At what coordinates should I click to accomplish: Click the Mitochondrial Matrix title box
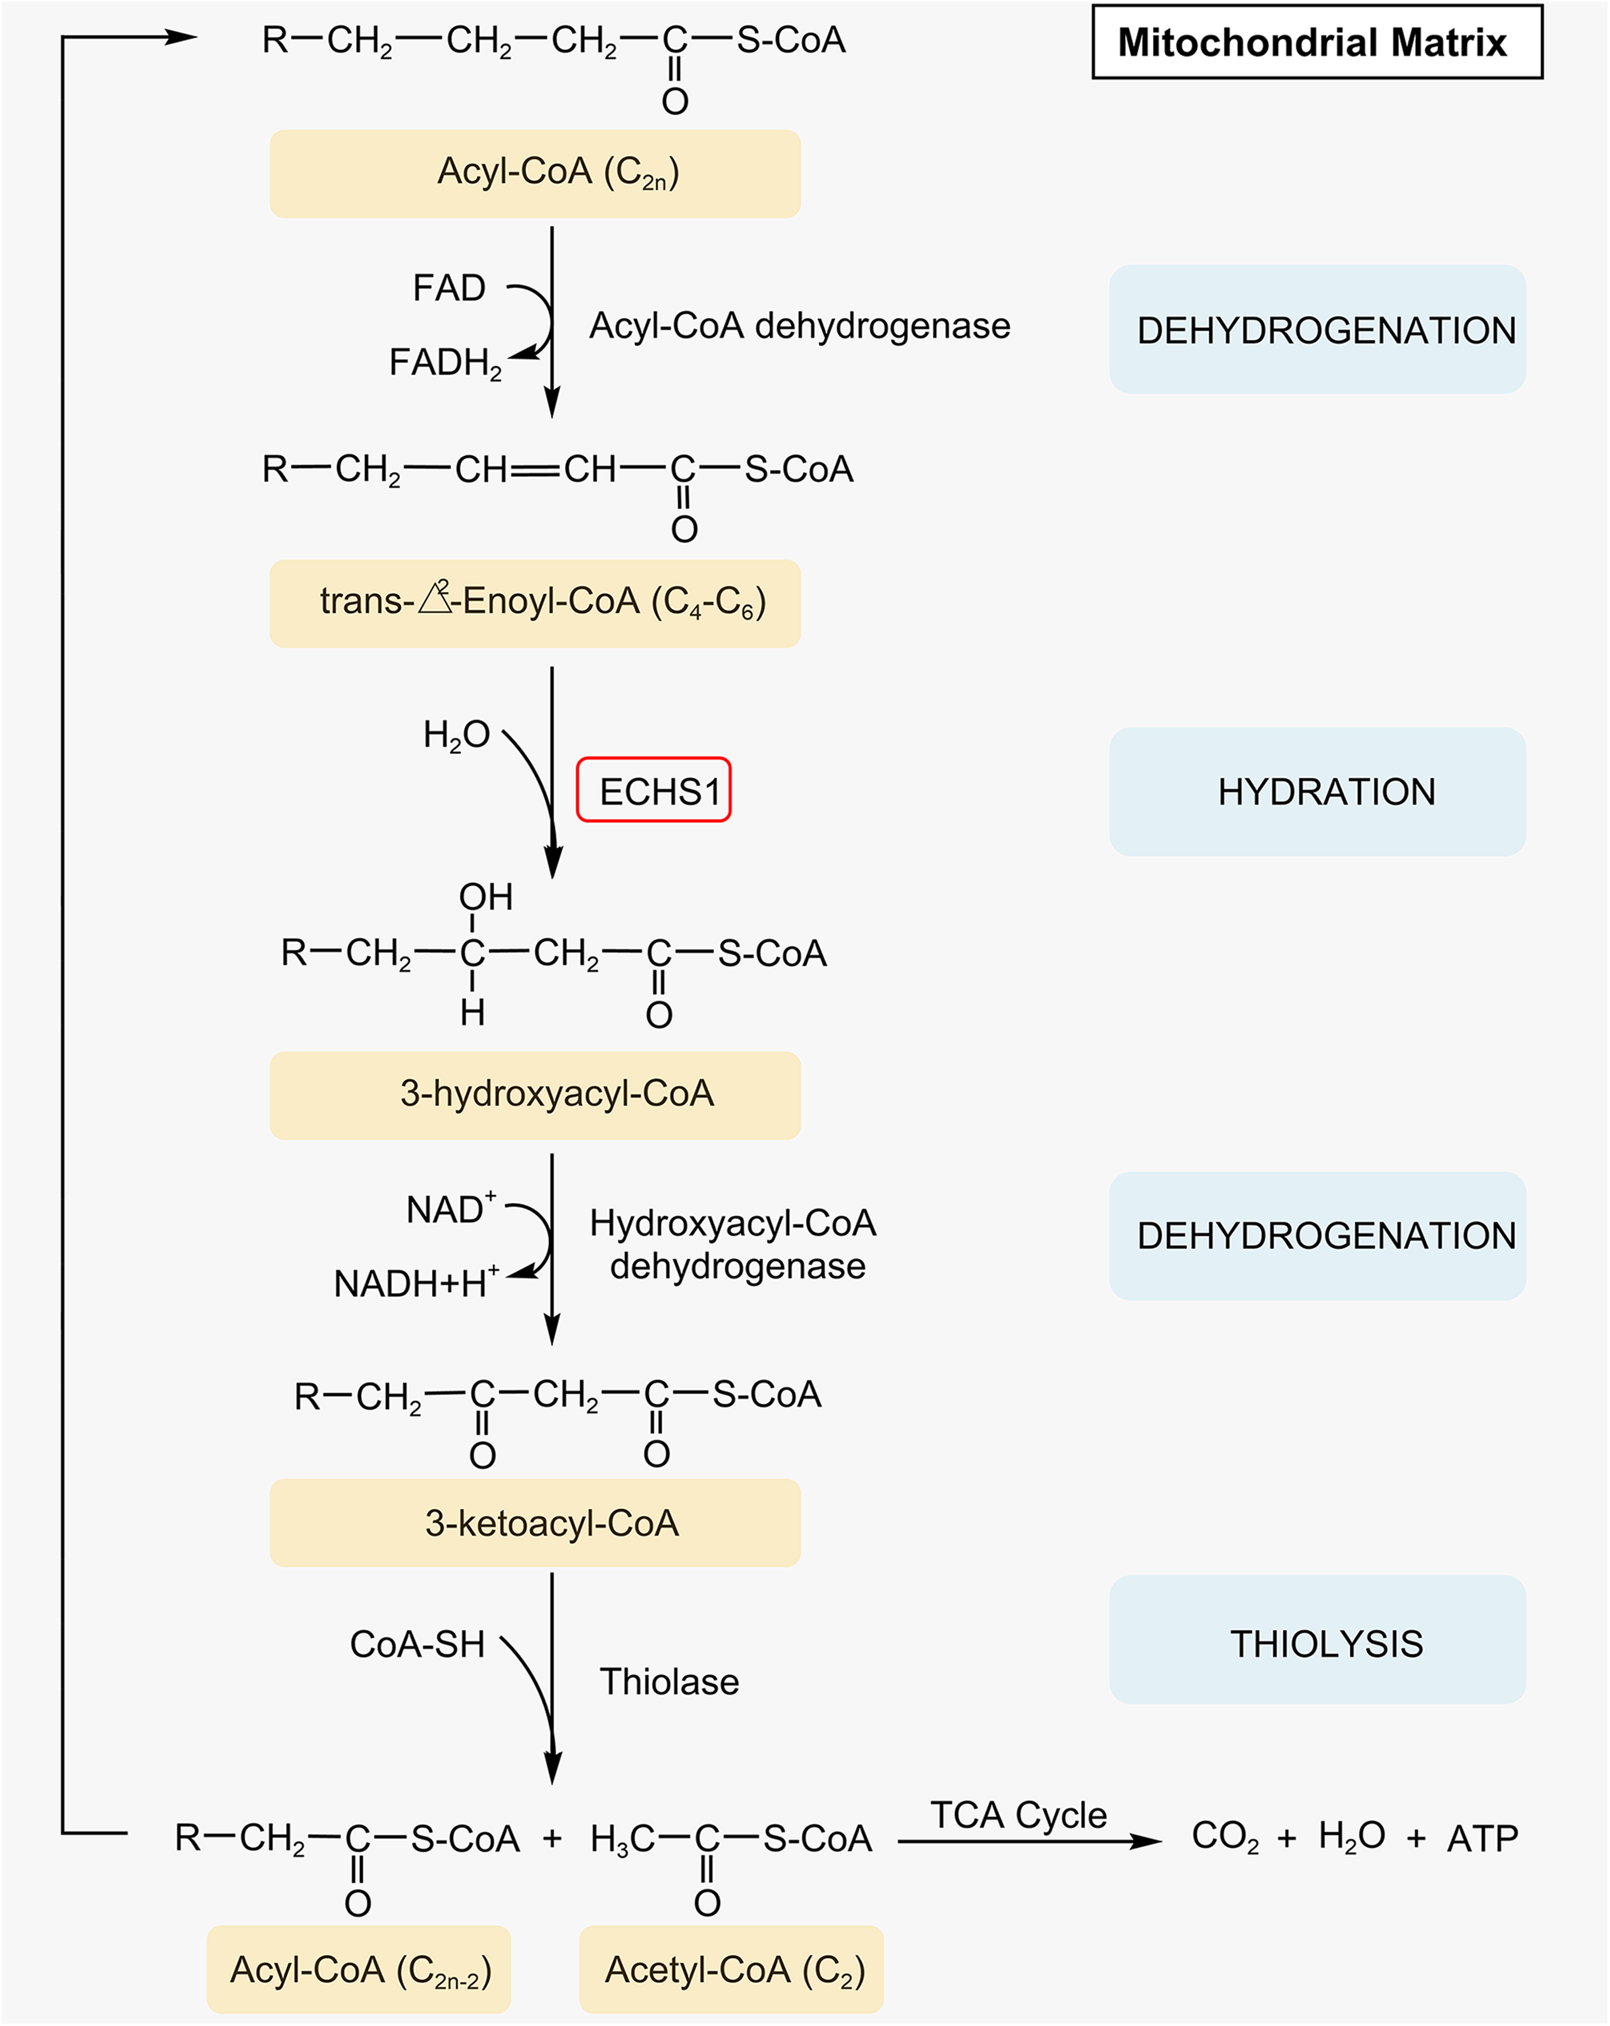point(1317,42)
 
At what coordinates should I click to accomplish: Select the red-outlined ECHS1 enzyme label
point(653,790)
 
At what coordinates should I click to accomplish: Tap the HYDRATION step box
point(1317,791)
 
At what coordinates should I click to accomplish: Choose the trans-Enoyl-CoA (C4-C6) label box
point(535,603)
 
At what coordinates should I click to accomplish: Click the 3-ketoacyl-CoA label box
point(535,1523)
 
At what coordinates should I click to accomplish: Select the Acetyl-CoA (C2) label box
point(731,1969)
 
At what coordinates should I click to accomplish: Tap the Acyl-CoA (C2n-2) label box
point(359,1969)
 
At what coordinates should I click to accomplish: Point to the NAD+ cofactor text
point(451,1208)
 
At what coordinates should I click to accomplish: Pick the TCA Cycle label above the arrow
point(1019,1815)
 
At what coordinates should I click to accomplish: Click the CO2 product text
point(1225,1837)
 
